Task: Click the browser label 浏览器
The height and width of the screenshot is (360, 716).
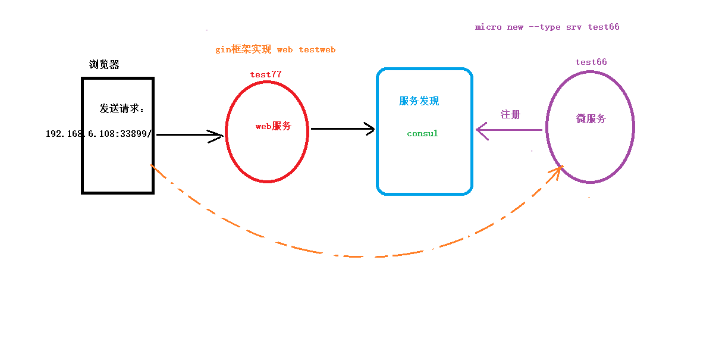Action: (104, 65)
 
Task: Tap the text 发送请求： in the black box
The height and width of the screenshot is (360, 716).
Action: (121, 109)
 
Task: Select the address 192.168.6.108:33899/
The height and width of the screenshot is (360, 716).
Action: (99, 134)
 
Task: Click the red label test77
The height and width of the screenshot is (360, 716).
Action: (266, 74)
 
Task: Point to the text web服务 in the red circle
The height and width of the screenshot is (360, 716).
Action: (274, 126)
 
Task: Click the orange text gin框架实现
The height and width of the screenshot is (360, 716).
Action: (243, 50)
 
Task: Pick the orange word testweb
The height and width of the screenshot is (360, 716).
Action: (317, 50)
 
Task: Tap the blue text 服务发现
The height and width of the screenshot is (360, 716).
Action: (419, 101)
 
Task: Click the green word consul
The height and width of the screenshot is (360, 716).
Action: (422, 134)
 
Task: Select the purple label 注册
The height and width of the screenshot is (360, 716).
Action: (510, 114)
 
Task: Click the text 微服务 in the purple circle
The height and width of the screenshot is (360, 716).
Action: (591, 119)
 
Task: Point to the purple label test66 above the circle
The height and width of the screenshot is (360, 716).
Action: (591, 62)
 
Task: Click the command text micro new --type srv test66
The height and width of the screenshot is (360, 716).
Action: (547, 27)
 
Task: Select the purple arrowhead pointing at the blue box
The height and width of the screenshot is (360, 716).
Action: (481, 130)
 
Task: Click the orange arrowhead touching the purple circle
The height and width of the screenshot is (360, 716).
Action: (557, 171)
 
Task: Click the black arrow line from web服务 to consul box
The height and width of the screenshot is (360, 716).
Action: (339, 129)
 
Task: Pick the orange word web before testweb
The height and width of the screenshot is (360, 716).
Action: (285, 50)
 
